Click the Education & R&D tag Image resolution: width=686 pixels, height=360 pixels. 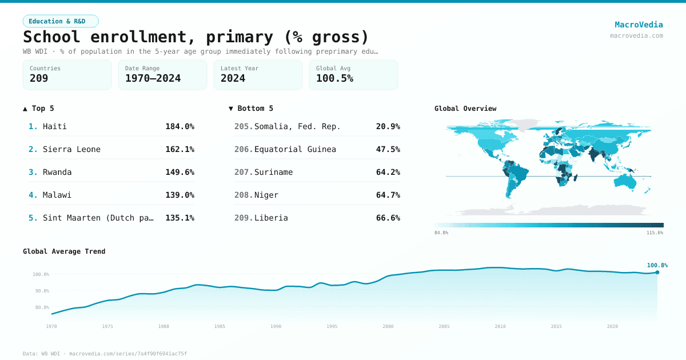[61, 21]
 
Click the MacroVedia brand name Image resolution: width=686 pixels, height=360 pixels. [639, 25]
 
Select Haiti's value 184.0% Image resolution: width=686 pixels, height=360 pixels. [180, 126]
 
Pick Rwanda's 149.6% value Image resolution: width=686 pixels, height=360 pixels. [180, 172]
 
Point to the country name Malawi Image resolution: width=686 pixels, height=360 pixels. [57, 195]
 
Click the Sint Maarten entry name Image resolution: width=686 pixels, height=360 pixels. [98, 218]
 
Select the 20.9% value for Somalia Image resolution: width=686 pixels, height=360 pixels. [388, 126]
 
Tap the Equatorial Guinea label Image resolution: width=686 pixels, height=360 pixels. [295, 149]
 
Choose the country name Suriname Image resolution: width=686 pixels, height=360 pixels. [273, 172]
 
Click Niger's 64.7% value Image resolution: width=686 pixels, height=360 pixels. [388, 195]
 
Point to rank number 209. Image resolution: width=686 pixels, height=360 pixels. [243, 218]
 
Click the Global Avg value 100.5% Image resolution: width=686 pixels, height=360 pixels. [334, 78]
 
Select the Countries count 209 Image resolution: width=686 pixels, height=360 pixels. [39, 78]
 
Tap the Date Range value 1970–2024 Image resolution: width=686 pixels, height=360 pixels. [153, 78]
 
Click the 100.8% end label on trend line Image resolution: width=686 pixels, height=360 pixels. [657, 265]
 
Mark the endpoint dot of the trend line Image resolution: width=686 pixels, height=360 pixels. [657, 272]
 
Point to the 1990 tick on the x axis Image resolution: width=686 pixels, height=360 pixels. [276, 326]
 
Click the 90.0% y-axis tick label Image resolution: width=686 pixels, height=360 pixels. [41, 291]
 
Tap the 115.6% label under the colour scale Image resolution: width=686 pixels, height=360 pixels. [655, 233]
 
